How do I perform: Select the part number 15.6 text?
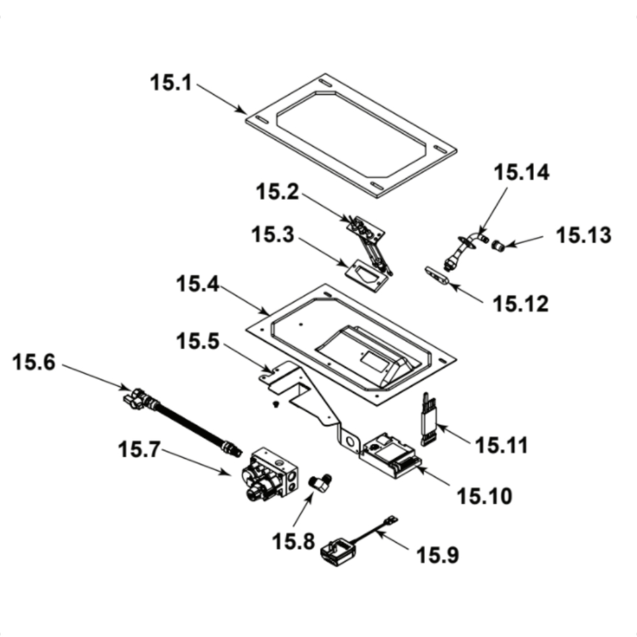pos(33,364)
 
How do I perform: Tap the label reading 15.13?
pos(583,235)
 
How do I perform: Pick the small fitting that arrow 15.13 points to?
pos(499,245)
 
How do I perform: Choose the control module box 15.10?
pos(389,455)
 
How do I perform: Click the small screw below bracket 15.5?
pos(275,404)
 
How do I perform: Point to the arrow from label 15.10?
pos(439,479)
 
